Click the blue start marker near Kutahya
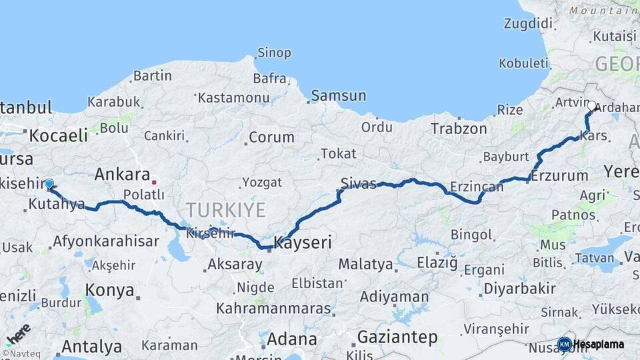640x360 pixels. [x=49, y=183]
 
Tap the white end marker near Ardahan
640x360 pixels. [x=592, y=105]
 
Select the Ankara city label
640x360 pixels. [x=122, y=175]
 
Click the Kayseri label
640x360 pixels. [x=303, y=242]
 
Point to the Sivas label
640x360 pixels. [x=359, y=183]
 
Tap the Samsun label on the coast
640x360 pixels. [x=339, y=95]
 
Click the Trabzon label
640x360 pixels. [x=460, y=128]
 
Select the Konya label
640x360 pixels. [x=109, y=291]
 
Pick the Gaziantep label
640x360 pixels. [x=397, y=337]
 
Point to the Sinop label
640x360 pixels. [x=274, y=53]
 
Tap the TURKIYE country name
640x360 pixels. [x=225, y=210]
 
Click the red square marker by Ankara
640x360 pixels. [x=154, y=181]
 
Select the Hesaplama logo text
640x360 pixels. [x=599, y=345]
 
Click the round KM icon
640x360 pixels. [x=564, y=344]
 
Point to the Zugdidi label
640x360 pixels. [x=529, y=24]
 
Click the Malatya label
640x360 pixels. [x=365, y=264]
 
